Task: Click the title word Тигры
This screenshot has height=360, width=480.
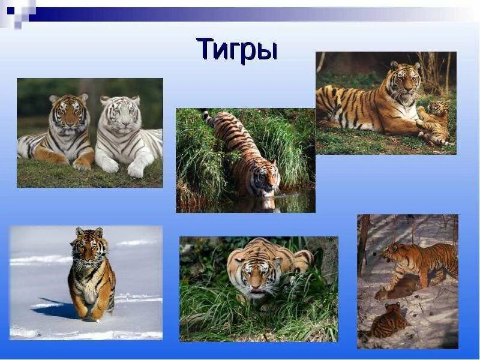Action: coord(236,49)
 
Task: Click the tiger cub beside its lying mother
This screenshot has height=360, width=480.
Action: coord(437,120)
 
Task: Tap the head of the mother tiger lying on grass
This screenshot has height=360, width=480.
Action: coord(404,80)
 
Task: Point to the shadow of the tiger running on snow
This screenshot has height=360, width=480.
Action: coord(57,308)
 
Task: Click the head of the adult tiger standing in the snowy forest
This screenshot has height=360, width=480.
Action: coord(392,252)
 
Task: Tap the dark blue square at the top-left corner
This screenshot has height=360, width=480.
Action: coord(11,10)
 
